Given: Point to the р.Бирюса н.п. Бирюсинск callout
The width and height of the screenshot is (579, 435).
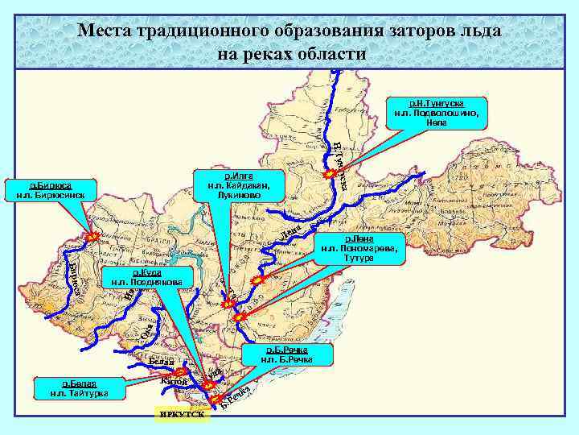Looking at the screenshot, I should click(51, 189).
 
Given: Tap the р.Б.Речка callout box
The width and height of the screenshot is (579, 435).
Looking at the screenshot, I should click(286, 354).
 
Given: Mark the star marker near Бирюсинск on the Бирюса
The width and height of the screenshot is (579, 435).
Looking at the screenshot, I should click(92, 237).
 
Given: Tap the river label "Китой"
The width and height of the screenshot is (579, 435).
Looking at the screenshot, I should click(175, 380).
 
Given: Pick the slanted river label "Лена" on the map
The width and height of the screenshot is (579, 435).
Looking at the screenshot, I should click(292, 233).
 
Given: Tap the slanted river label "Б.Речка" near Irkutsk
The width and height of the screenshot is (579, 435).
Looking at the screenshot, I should click(240, 396).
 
